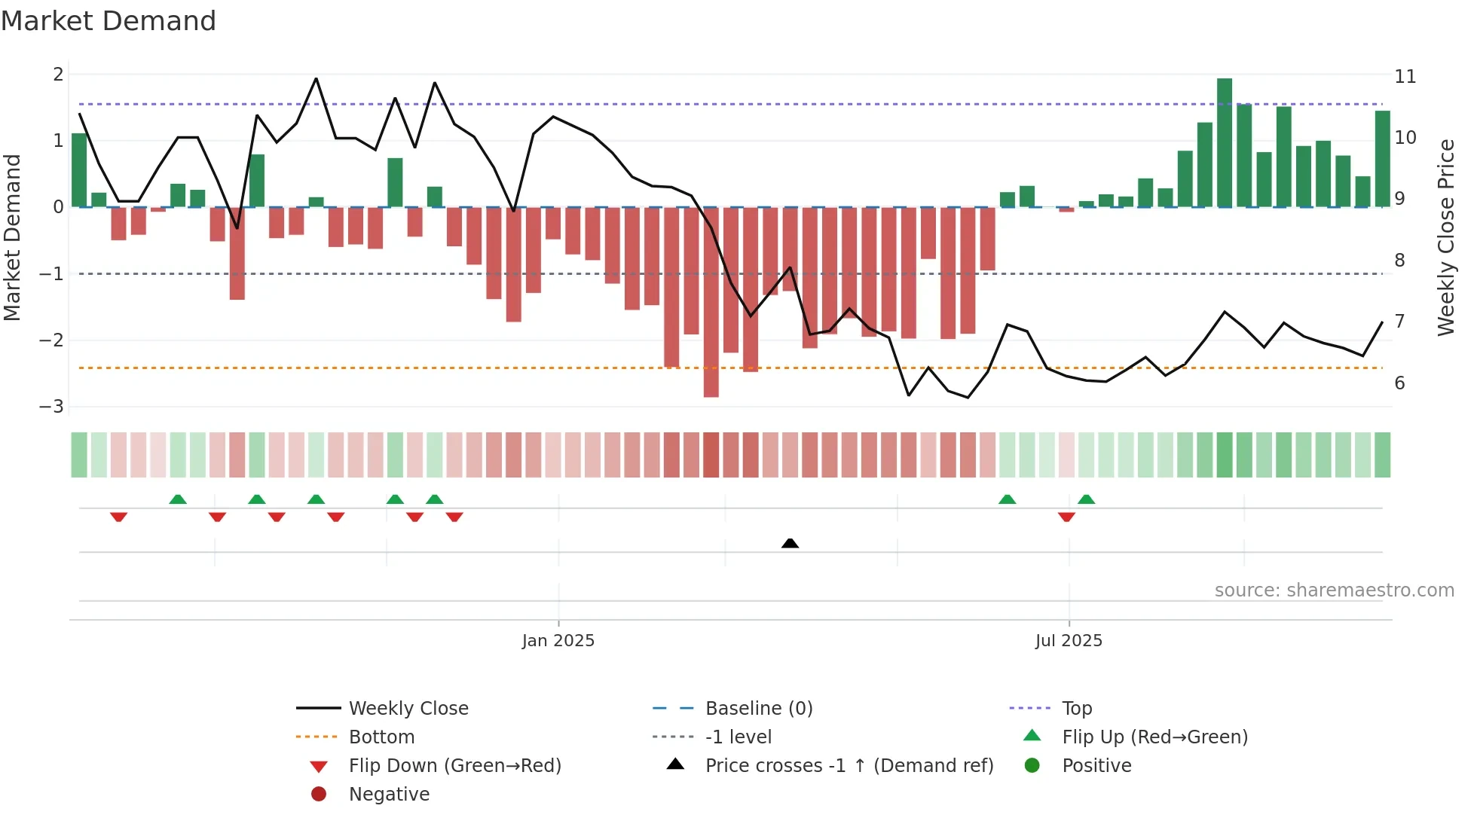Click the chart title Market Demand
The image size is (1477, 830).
pyautogui.click(x=109, y=21)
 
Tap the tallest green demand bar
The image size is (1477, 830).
pyautogui.click(x=1224, y=143)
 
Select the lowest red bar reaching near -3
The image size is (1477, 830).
pyautogui.click(x=711, y=301)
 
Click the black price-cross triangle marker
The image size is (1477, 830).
pyautogui.click(x=790, y=543)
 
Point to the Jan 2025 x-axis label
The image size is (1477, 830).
pyautogui.click(x=558, y=641)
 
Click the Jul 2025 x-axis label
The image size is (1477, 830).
pyautogui.click(x=1068, y=641)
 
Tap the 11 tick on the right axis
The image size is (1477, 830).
pyautogui.click(x=1405, y=77)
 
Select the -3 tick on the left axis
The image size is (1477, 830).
pyautogui.click(x=52, y=407)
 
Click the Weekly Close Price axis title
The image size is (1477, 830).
pyautogui.click(x=1445, y=237)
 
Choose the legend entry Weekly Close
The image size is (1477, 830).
pyautogui.click(x=408, y=709)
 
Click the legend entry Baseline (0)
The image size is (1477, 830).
pyautogui.click(x=758, y=709)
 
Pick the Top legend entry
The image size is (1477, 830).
pyautogui.click(x=1076, y=709)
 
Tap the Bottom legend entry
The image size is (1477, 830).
pyautogui.click(x=381, y=737)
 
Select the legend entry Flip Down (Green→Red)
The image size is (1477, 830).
pyautogui.click(x=454, y=766)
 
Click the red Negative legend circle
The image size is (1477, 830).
pyautogui.click(x=319, y=795)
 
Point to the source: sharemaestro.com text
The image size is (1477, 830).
pyautogui.click(x=1334, y=590)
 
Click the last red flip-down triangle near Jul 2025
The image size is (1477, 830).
pyautogui.click(x=1066, y=517)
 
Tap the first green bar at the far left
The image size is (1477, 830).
pyautogui.click(x=79, y=170)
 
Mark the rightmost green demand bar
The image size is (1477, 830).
pyautogui.click(x=1382, y=159)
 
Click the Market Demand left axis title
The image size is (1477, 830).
pyautogui.click(x=13, y=237)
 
